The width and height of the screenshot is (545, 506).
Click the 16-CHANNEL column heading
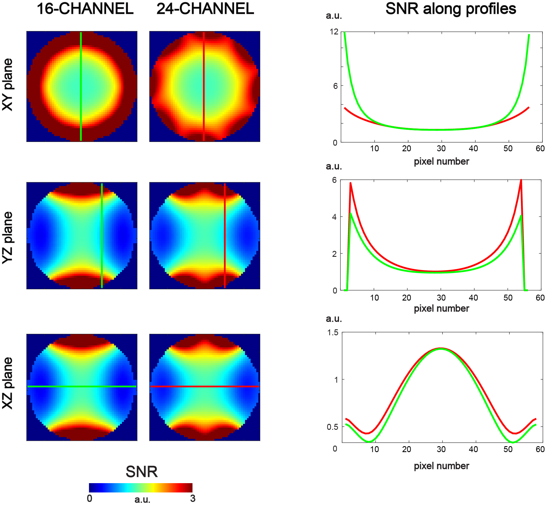85,9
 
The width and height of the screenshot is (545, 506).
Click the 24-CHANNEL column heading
205,9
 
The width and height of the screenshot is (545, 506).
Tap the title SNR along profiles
451,9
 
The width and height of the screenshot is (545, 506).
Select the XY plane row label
8,85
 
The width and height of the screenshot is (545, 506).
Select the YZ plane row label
8,238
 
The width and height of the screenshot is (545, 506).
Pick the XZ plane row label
8,383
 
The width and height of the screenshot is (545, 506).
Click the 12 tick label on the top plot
334,32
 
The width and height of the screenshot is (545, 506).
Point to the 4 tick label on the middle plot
335,217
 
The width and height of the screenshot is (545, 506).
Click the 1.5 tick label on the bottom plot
333,332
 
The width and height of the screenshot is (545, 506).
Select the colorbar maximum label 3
193,498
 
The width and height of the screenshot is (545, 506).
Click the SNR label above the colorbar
142,472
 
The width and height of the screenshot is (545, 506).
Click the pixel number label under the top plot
441,161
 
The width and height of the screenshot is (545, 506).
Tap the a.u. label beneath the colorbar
142,500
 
